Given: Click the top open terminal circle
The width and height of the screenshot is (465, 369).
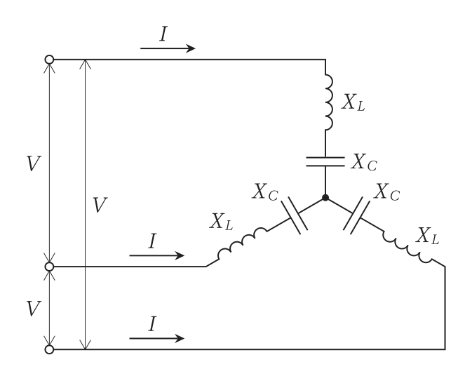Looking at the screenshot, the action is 49,60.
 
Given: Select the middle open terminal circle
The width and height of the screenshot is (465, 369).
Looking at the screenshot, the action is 49,267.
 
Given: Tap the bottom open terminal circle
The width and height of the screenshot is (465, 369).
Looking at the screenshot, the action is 49,349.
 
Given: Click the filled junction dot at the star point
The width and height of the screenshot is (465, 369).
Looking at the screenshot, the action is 325,198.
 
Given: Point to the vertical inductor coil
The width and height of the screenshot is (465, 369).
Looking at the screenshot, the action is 328,102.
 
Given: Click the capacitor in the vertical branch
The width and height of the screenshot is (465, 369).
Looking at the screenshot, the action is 325,161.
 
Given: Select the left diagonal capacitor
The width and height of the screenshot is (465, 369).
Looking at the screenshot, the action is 294,215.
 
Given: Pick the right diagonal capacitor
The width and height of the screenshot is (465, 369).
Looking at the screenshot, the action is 356,215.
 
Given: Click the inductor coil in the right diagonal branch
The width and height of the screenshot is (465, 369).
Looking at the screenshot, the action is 408,246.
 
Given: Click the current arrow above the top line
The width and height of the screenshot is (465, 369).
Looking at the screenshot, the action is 168,48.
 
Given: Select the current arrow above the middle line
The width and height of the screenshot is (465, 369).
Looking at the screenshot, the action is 157,255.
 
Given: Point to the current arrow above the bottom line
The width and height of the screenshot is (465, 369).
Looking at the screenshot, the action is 157,338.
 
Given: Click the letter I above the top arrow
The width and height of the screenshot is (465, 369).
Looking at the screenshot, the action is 163,34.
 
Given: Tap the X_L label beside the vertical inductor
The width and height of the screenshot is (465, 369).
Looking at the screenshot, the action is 353,102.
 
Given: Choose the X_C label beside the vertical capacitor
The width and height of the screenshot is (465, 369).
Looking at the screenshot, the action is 364,162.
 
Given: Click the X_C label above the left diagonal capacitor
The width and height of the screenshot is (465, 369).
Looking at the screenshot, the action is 265,192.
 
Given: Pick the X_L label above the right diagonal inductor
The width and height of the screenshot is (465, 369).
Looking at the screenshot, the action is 427,236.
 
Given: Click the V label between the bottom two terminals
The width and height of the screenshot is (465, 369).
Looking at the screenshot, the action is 33,309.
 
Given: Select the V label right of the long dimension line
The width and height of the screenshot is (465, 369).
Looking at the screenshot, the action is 100,205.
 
